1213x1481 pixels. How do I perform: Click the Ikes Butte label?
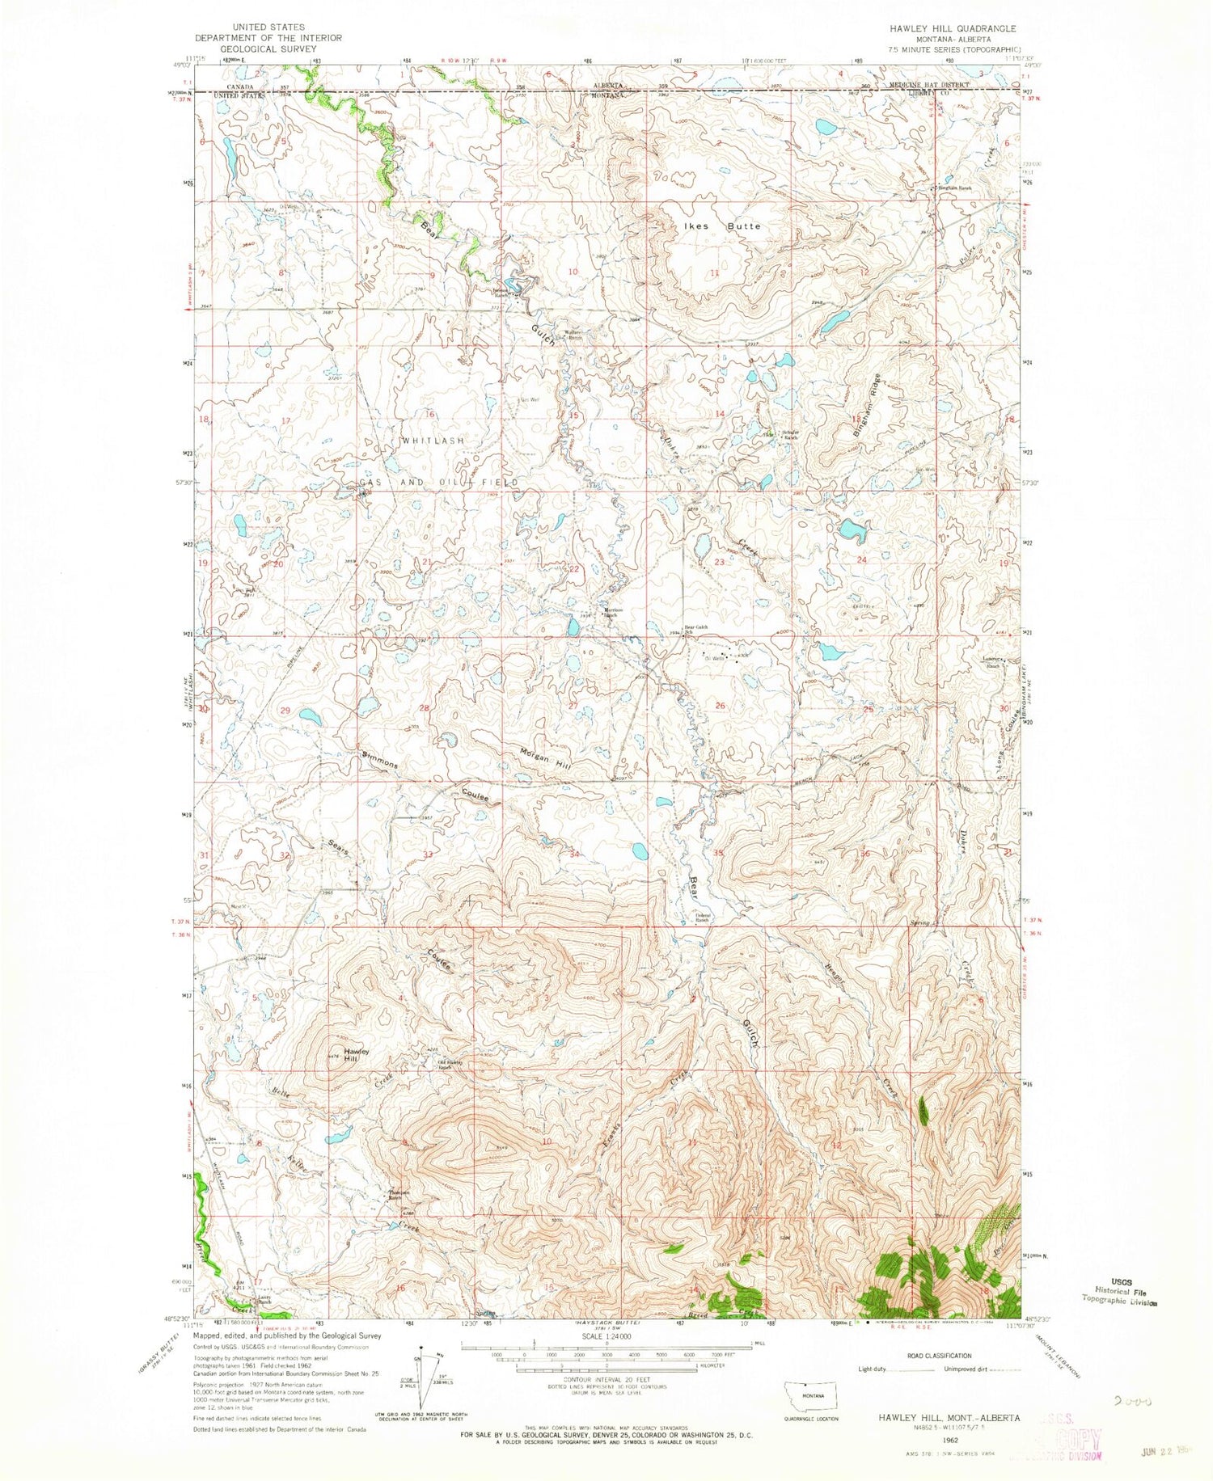coord(720,226)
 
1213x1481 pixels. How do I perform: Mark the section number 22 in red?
coord(575,569)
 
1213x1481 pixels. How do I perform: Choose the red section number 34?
coord(575,854)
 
